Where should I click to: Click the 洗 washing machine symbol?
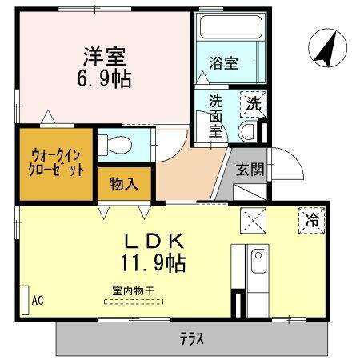tap(254, 103)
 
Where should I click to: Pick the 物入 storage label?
tap(123, 184)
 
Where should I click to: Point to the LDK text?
tap(154, 240)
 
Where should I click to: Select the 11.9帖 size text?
tap(154, 262)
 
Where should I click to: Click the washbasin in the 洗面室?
tap(247, 131)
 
